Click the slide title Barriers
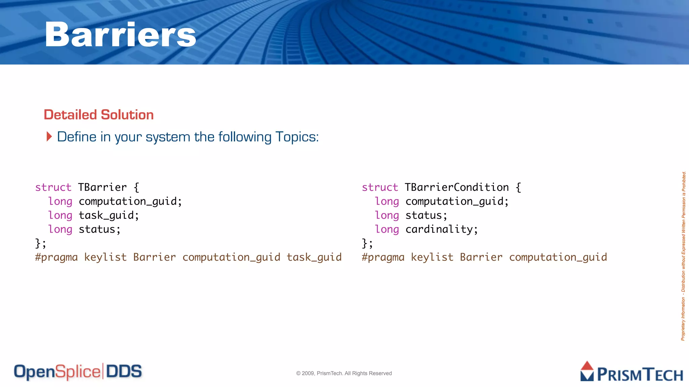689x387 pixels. tap(120, 34)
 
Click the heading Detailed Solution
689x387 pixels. tap(99, 115)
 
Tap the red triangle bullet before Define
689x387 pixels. tap(49, 137)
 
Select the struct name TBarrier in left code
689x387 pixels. tap(102, 187)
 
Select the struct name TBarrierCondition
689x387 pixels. tap(457, 187)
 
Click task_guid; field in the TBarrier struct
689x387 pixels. tap(109, 215)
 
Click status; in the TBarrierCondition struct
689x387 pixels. tap(426, 215)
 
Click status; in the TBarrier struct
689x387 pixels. tap(100, 229)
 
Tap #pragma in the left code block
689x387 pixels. tap(56, 257)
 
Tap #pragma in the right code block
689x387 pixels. tap(383, 257)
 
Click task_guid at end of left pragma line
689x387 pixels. tap(314, 257)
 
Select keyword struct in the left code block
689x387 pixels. tap(53, 187)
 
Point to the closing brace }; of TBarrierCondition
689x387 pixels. tap(367, 243)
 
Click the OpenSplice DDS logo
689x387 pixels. tap(78, 372)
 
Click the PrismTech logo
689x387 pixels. tap(631, 372)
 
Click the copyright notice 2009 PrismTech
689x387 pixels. tap(344, 373)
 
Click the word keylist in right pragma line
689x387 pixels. tap(432, 257)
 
